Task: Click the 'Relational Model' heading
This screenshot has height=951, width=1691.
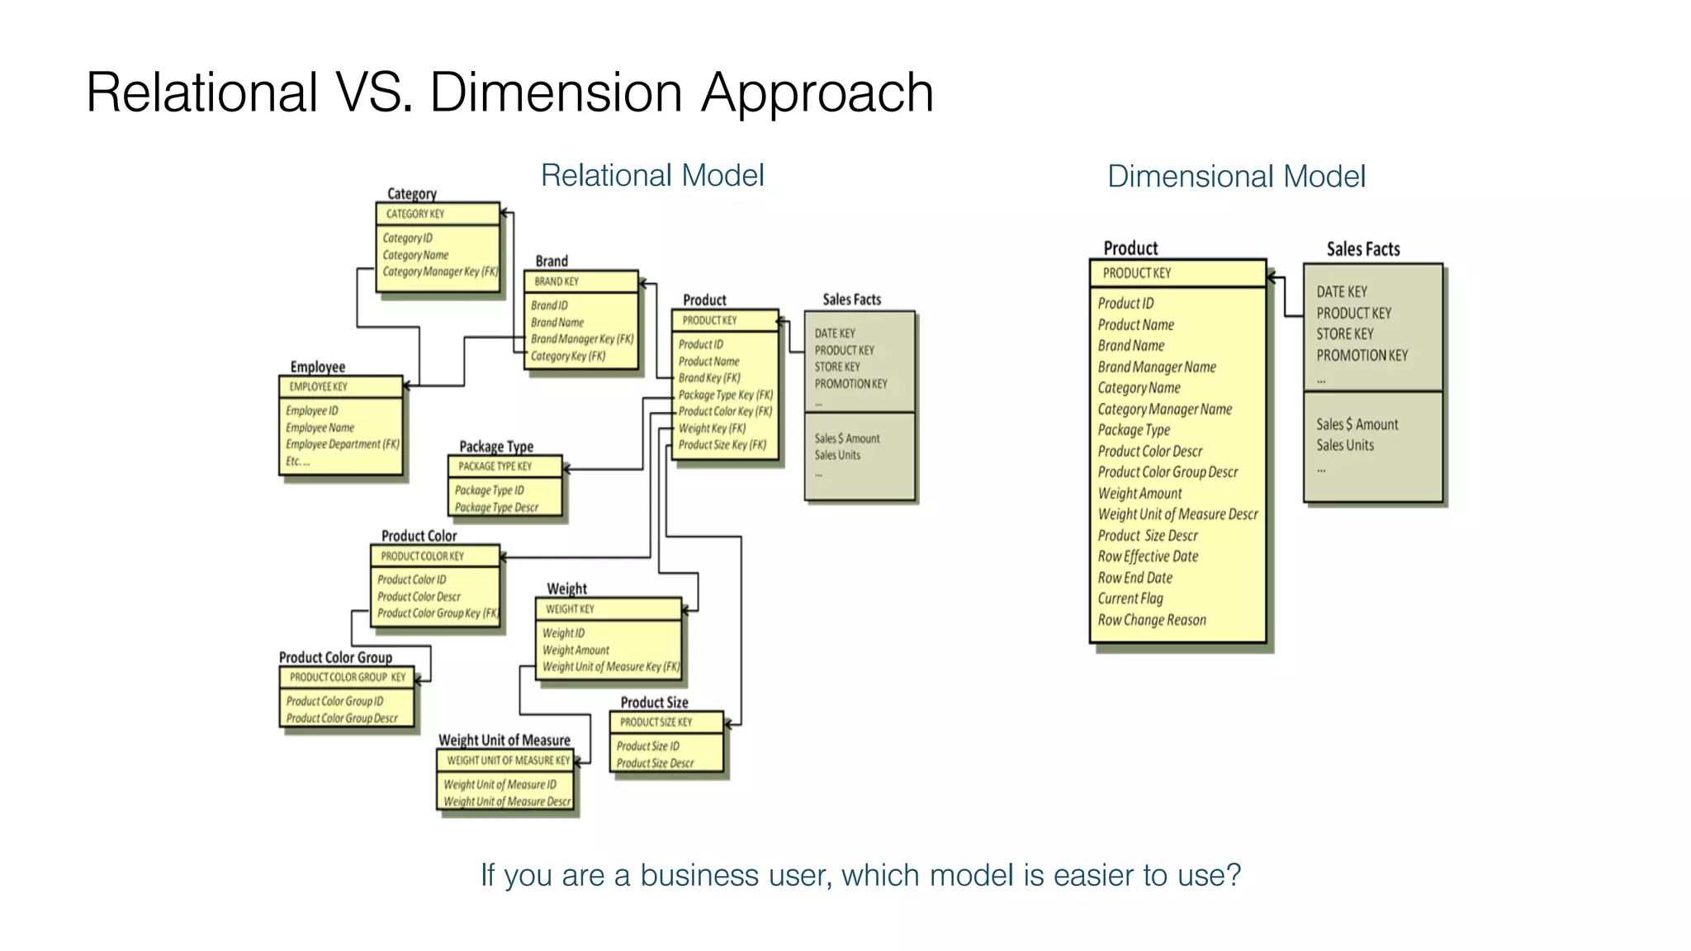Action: click(x=651, y=176)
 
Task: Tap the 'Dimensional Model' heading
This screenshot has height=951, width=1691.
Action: click(x=1236, y=177)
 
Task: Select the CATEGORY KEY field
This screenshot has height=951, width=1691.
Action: click(x=415, y=214)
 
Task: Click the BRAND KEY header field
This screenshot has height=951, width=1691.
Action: click(x=557, y=282)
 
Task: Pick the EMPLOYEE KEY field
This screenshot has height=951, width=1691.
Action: click(x=318, y=386)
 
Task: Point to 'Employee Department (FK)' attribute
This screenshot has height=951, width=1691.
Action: click(x=342, y=444)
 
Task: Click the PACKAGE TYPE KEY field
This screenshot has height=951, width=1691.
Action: click(x=495, y=466)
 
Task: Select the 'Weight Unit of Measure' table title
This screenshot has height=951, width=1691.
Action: click(x=504, y=740)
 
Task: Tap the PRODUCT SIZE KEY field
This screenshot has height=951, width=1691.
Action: click(x=656, y=722)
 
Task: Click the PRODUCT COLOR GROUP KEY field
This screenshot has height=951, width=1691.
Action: click(x=347, y=677)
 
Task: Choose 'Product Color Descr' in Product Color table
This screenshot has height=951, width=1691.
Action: click(x=419, y=597)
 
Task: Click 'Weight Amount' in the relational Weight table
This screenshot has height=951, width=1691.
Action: click(x=576, y=651)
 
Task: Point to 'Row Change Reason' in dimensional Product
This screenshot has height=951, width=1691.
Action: click(x=1151, y=620)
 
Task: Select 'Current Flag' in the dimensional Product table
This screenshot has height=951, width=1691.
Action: click(x=1130, y=599)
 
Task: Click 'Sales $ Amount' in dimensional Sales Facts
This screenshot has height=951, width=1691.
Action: click(x=1357, y=424)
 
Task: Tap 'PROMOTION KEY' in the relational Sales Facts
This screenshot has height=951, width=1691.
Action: click(x=850, y=384)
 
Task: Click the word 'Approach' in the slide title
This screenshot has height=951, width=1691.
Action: click(x=817, y=92)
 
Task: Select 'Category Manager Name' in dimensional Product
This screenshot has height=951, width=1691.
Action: click(x=1164, y=409)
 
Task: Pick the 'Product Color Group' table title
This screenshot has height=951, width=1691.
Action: click(x=335, y=657)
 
